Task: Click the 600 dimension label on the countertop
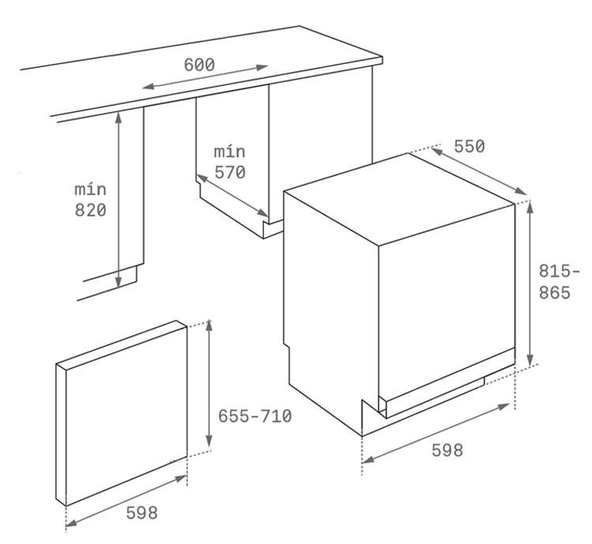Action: coord(199,65)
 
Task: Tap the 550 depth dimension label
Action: coord(470,147)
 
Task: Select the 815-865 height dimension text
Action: coord(558,281)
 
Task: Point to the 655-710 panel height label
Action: coord(255,416)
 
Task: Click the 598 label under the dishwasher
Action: coord(447,450)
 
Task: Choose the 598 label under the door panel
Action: coord(141,512)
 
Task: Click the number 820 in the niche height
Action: coord(91,210)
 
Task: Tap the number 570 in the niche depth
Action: coord(230,173)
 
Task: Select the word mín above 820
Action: coord(91,189)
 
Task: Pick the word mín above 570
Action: coord(230,151)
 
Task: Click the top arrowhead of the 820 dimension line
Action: coord(118,117)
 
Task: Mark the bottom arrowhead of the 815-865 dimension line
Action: coord(530,360)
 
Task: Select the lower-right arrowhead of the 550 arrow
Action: coord(521,191)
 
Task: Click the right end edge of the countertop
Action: coord(382,61)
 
